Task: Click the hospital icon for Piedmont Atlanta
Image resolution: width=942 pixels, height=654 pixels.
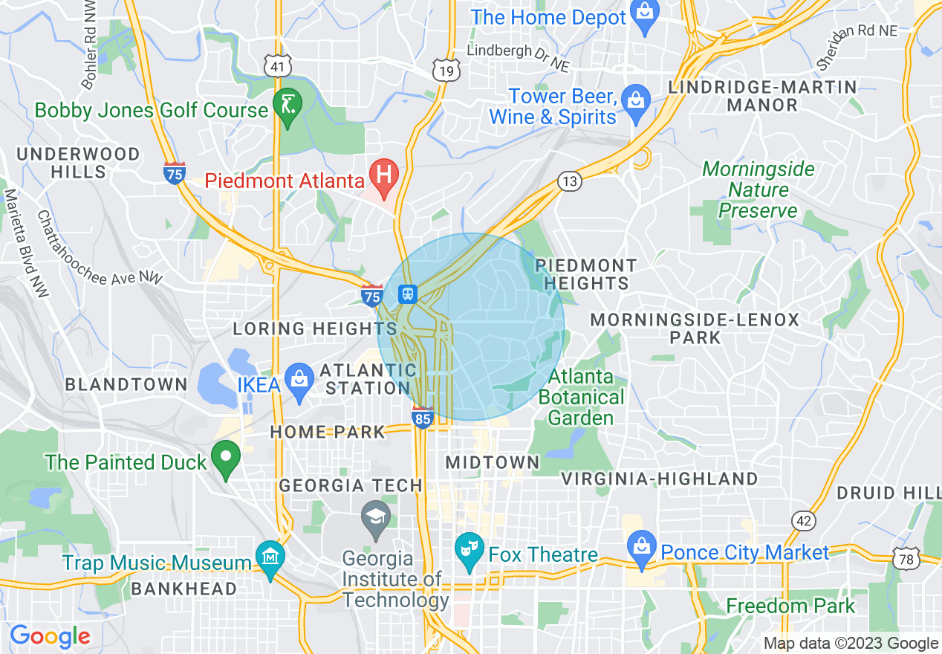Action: pos(385,176)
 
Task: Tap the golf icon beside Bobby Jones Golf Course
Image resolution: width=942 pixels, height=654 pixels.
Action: pos(286,105)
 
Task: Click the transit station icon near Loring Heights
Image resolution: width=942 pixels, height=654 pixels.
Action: pos(408,294)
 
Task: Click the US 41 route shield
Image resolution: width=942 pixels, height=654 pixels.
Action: pos(277,67)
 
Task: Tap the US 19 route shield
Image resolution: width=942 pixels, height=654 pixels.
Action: pos(446,71)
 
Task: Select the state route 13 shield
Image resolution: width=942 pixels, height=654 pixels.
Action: pos(570,181)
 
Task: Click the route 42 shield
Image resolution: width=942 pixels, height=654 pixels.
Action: pos(804,520)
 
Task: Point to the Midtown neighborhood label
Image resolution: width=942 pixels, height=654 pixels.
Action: pos(492,462)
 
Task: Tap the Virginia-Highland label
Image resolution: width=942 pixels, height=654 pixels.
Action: pos(659,479)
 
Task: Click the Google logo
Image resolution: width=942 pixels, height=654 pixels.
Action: pos(50,637)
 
